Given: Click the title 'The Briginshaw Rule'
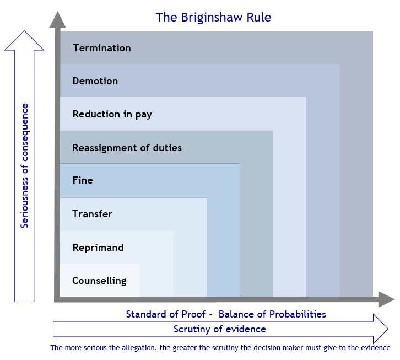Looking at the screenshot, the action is pos(213,17).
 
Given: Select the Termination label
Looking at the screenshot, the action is pos(102,48).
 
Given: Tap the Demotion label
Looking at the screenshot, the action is pos(95,81).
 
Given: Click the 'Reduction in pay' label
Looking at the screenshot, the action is pos(112,114).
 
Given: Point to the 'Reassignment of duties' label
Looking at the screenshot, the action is pos(127,148).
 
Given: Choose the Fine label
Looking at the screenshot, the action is pos(83,180).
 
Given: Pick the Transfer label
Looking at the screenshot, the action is pos(92,214).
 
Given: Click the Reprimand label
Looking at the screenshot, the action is pos(98,248).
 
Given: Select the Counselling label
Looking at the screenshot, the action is pos(99,281).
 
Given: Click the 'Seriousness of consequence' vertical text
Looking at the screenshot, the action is pos(24,166).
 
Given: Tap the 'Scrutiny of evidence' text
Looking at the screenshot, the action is pos(220,329).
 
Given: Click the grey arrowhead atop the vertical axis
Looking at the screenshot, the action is pos(58,19).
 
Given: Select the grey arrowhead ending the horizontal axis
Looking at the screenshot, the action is pos(386,299).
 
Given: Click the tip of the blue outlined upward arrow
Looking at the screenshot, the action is pos(24,31).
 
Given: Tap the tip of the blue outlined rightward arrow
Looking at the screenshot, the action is pos(388,329).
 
